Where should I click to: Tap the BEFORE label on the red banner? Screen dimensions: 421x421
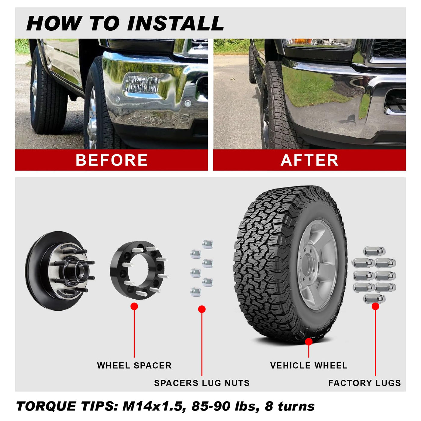point(112,160)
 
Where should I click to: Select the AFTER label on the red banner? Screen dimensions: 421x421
point(309,160)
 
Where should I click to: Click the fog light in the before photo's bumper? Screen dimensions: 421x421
point(142,84)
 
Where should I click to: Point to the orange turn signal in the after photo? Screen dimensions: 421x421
point(300,41)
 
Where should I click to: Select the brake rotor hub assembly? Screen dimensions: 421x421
point(60,271)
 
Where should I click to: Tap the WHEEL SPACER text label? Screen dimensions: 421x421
point(134,365)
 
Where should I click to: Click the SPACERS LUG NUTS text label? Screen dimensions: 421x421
point(202,383)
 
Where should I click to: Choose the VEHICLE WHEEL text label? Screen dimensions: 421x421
point(309,365)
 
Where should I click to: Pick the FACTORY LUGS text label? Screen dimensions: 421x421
point(365,383)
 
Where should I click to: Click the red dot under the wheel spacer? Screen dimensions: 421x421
point(134,306)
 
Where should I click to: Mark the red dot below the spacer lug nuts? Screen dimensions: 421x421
point(202,309)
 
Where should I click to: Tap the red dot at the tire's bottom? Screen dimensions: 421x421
point(309,342)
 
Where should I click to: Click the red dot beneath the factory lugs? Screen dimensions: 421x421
point(375,306)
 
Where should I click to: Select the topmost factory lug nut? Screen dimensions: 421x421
point(374,251)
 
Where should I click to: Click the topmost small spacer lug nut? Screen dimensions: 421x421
point(207,244)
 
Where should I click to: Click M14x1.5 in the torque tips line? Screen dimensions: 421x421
point(152,406)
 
